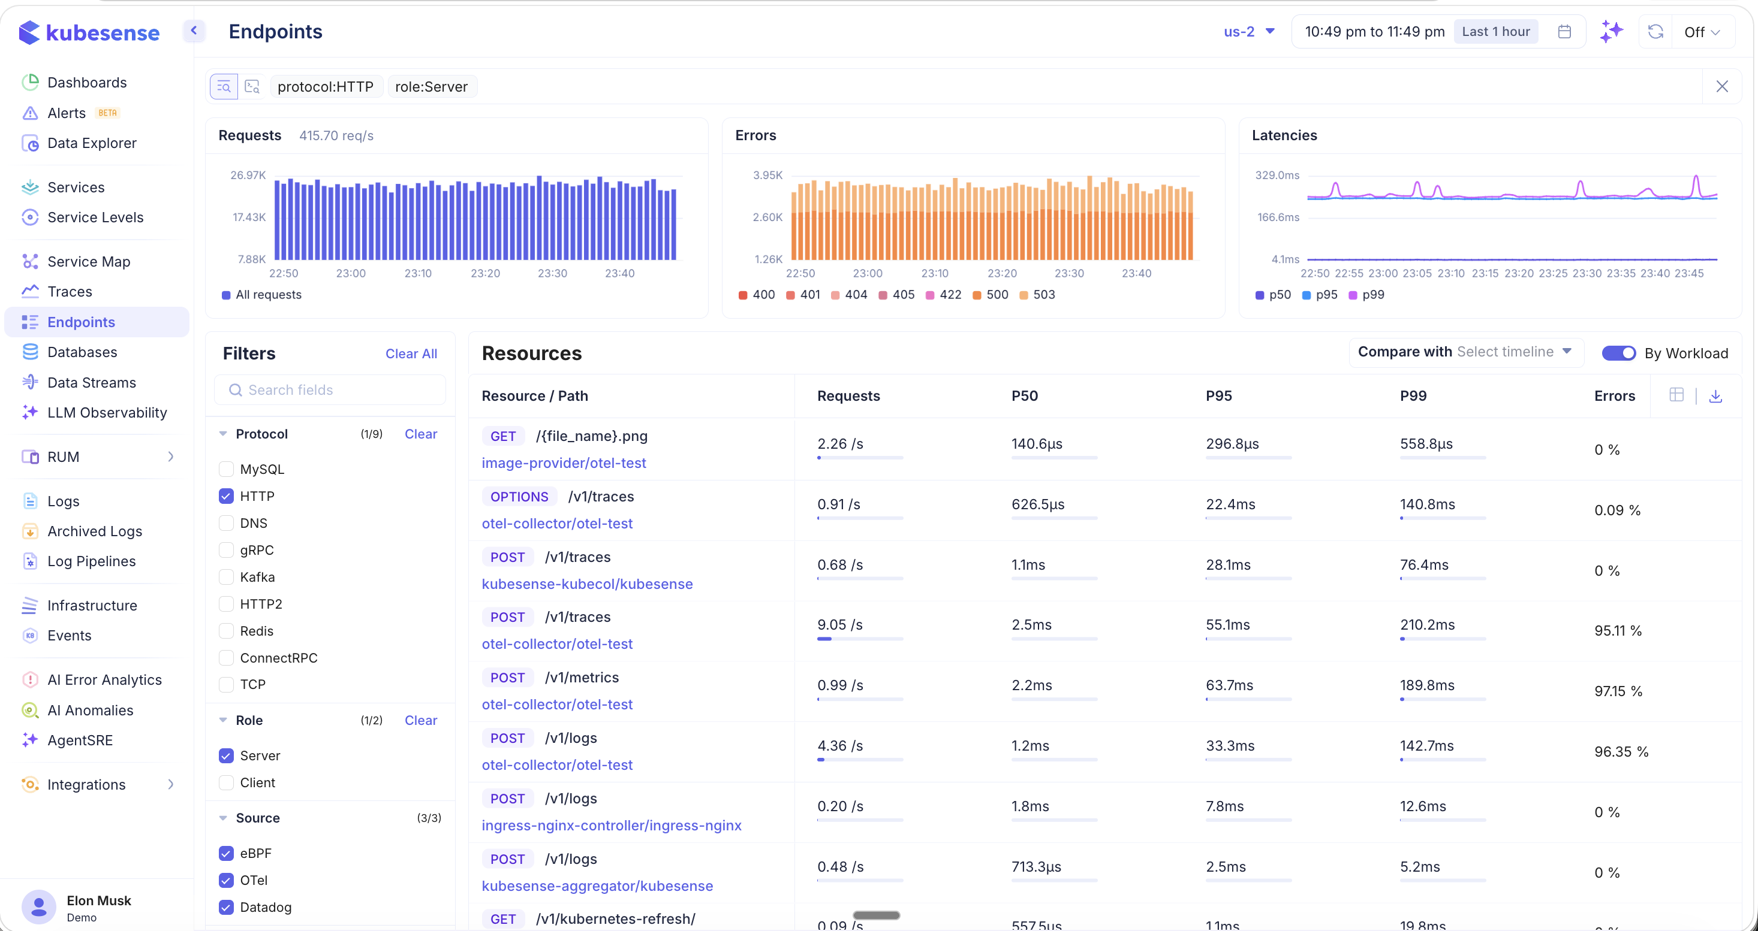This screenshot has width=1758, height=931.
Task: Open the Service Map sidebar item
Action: [x=88, y=261]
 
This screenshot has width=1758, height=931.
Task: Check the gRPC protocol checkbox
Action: [x=226, y=550]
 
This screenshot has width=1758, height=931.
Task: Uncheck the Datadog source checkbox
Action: [x=226, y=907]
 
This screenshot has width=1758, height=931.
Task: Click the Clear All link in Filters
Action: [x=411, y=353]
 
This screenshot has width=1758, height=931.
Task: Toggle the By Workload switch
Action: [x=1618, y=353]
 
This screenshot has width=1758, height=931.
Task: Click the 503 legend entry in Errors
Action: [x=1037, y=295]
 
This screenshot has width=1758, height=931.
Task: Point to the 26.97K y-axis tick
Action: [x=248, y=176]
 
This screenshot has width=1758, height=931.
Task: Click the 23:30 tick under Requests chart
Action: [x=552, y=274]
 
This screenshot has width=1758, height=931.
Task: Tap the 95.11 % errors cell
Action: [x=1618, y=631]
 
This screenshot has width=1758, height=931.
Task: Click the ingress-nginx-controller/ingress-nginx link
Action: [x=611, y=826]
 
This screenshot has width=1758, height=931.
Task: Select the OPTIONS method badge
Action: [x=519, y=497]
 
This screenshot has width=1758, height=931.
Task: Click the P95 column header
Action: [x=1218, y=395]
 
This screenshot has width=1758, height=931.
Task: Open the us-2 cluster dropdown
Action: [x=1249, y=31]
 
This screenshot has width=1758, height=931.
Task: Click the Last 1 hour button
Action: [x=1495, y=31]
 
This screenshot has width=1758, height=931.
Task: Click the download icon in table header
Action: [x=1715, y=395]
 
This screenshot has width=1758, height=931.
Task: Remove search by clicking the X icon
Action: [x=1722, y=87]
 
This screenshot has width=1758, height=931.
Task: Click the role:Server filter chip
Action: [x=431, y=87]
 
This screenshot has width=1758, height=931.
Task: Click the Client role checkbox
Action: [x=226, y=782]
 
